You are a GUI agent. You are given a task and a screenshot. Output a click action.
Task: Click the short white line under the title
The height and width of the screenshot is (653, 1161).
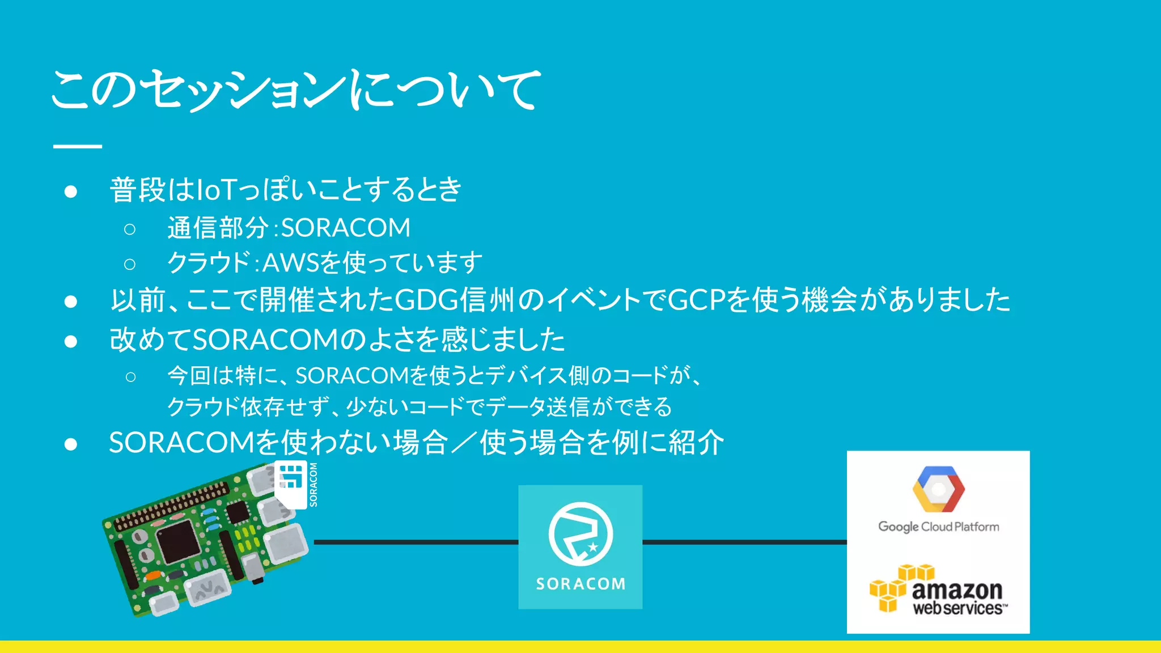pyautogui.click(x=78, y=146)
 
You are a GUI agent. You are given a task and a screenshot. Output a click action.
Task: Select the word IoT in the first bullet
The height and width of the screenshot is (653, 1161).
pyautogui.click(x=215, y=190)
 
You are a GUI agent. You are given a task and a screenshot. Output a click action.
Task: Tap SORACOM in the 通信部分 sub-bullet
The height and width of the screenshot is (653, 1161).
pyautogui.click(x=345, y=228)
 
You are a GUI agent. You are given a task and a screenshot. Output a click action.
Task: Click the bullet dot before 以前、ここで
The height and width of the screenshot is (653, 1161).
pyautogui.click(x=71, y=301)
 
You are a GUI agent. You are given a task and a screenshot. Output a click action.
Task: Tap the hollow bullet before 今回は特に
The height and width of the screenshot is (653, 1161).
pyautogui.click(x=130, y=377)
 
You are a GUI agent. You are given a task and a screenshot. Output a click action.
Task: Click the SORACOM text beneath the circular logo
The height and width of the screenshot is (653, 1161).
pyautogui.click(x=580, y=584)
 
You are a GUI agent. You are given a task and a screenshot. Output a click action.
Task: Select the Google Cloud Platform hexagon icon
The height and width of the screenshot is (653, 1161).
pyautogui.click(x=938, y=489)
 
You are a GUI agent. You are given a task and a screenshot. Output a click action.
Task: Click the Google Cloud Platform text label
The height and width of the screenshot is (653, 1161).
pyautogui.click(x=938, y=527)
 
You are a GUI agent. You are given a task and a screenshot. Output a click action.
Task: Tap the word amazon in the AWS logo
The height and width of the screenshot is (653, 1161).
pyautogui.click(x=957, y=591)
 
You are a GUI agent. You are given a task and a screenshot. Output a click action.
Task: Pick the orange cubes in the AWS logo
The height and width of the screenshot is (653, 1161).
pyautogui.click(x=890, y=590)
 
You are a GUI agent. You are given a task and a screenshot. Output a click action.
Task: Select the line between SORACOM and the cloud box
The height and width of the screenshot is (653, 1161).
pyautogui.click(x=744, y=542)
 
